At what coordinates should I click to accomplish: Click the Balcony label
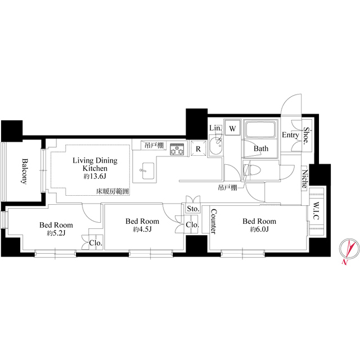[24, 171]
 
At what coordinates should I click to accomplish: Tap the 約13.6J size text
[95, 176]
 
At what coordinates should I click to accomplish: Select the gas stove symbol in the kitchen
[177, 149]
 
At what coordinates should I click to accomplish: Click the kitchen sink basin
[148, 171]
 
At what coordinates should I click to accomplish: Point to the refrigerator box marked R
[198, 148]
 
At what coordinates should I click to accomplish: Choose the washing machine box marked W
[232, 128]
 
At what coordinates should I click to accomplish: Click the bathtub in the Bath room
[260, 129]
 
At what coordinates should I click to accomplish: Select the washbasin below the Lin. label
[215, 146]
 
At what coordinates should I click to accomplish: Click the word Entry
[290, 135]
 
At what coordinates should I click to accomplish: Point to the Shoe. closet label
[306, 136]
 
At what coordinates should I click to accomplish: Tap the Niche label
[304, 179]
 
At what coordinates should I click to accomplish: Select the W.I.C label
[316, 211]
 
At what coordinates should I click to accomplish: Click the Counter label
[214, 221]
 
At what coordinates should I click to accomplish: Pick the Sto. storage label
[193, 209]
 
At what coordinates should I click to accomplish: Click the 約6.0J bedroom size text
[259, 229]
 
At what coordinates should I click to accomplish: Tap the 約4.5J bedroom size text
[142, 229]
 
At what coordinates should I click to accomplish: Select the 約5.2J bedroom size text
[56, 233]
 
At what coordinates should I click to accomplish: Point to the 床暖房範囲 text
[112, 191]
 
